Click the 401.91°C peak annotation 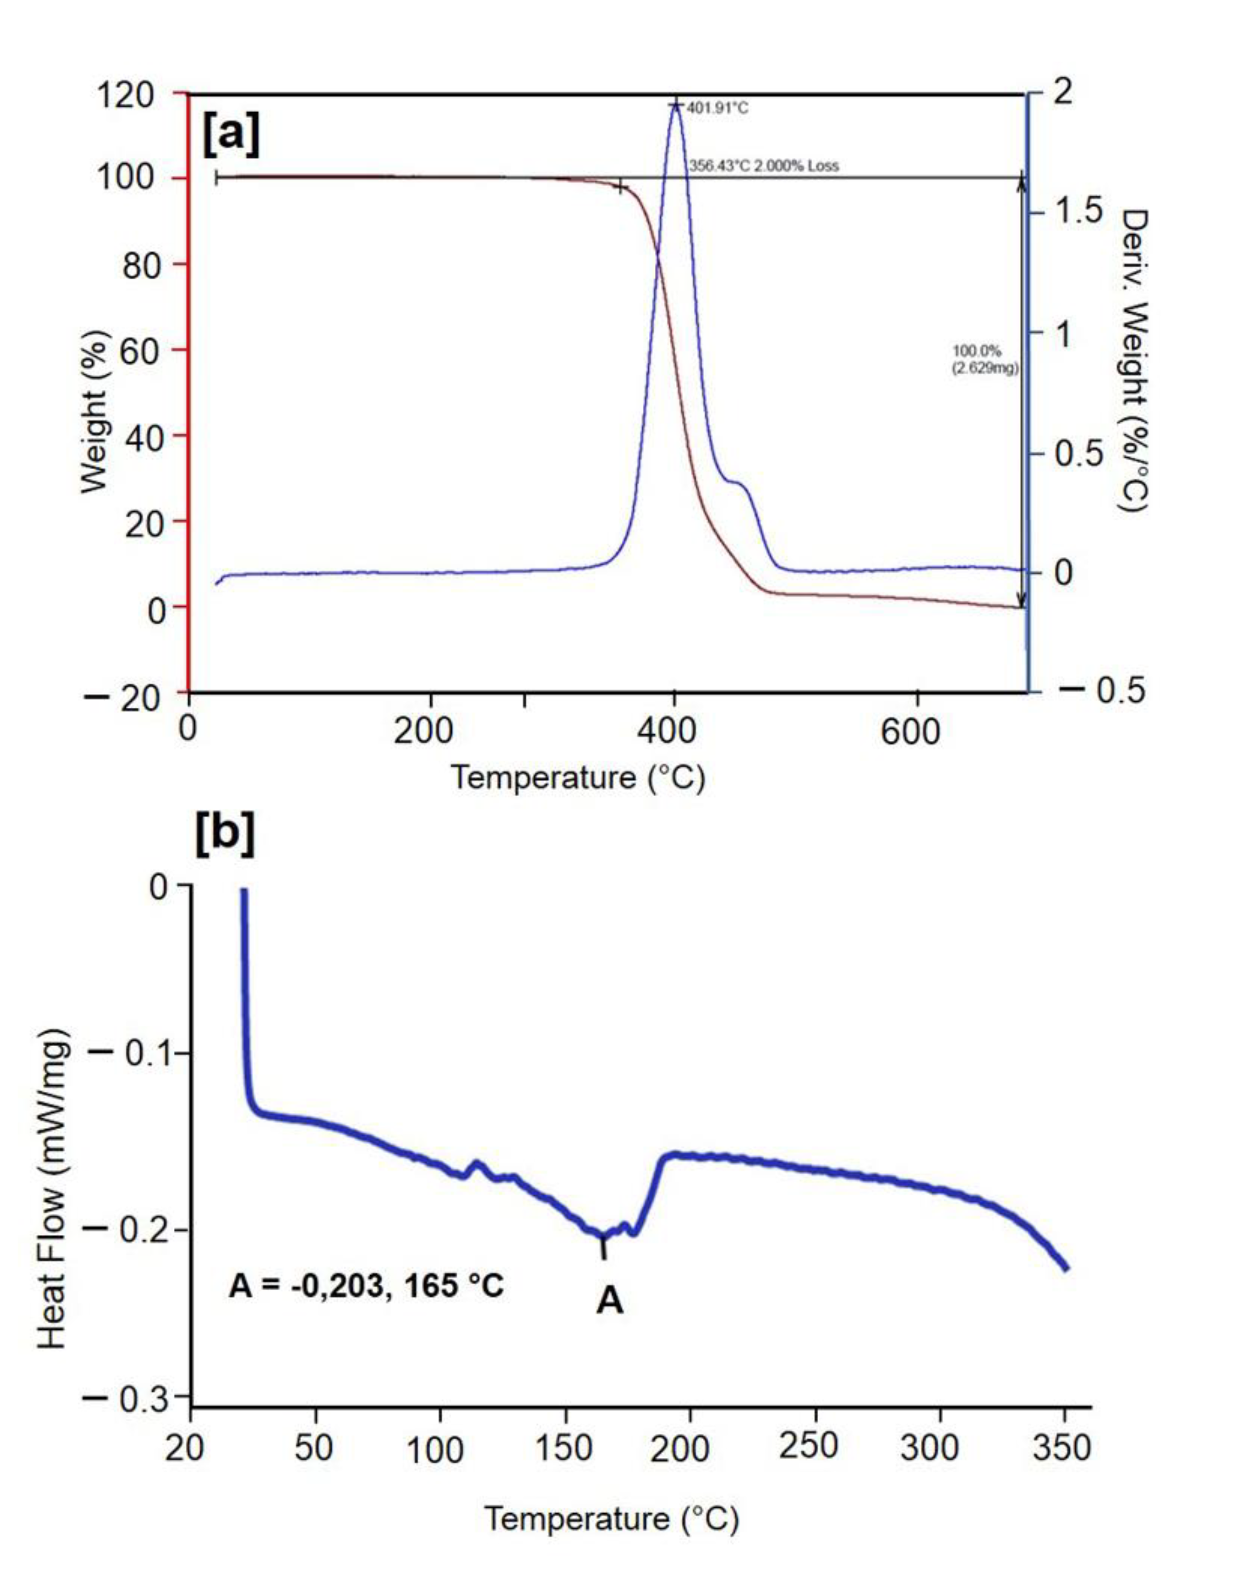[x=716, y=109]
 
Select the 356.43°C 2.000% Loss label [x=764, y=166]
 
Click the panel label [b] [x=225, y=834]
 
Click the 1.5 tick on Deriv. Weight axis [x=1080, y=212]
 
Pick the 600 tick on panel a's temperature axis [x=910, y=730]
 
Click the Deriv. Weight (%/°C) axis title [x=1132, y=360]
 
